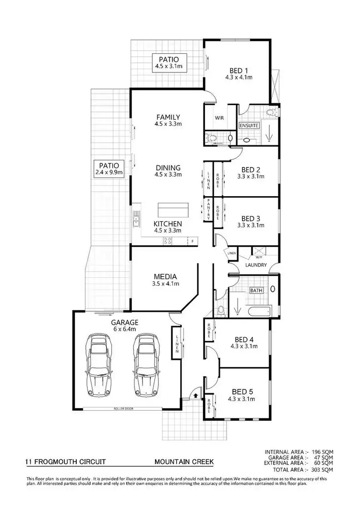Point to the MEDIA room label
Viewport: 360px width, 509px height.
tap(166, 276)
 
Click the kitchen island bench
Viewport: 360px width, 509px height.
tap(173, 210)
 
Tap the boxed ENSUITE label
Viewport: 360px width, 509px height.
tap(249, 126)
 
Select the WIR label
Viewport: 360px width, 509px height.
tap(218, 118)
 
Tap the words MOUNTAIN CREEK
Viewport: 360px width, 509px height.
tap(184, 462)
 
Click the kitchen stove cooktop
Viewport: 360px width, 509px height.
tap(168, 241)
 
